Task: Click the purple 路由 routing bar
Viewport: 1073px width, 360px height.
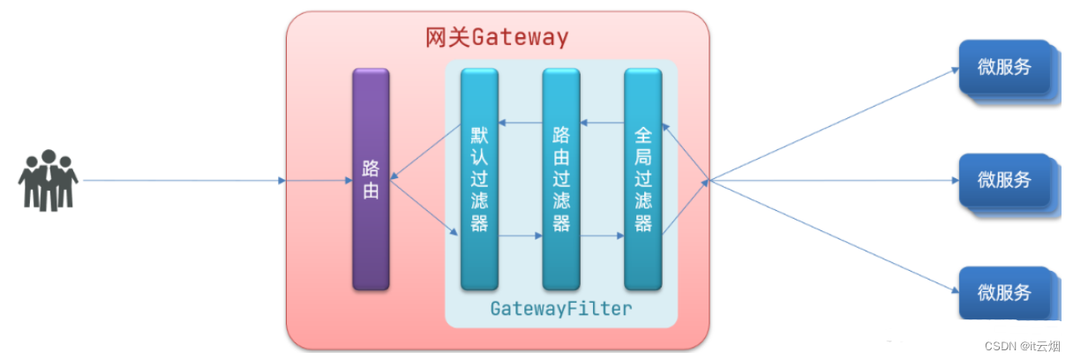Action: click(371, 179)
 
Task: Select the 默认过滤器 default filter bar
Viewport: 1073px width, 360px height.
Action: click(479, 179)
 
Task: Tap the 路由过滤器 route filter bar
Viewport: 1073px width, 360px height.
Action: click(561, 179)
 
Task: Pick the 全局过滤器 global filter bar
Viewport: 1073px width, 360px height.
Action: click(643, 179)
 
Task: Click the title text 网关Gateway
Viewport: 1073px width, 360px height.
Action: click(498, 38)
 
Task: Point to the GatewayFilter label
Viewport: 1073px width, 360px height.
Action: click(561, 309)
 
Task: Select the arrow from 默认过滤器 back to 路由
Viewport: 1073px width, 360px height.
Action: click(426, 152)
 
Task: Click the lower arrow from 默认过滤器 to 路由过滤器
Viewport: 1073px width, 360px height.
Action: click(520, 236)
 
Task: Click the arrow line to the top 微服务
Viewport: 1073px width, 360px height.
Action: click(834, 124)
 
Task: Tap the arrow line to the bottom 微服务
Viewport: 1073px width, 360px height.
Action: click(834, 236)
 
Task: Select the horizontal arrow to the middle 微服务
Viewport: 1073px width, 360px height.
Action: click(834, 181)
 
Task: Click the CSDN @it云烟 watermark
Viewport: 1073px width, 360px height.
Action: click(1027, 347)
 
